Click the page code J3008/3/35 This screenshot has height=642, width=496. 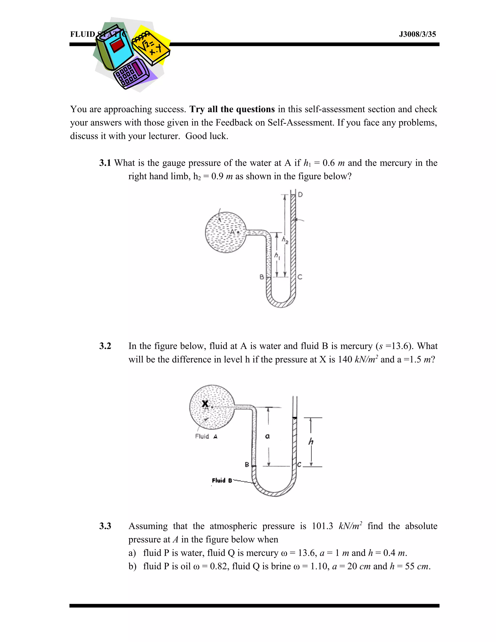click(417, 34)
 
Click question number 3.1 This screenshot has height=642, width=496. click(105, 163)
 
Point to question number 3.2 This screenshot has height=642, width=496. click(105, 346)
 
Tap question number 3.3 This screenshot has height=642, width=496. click(105, 526)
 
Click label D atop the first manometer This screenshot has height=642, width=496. click(300, 195)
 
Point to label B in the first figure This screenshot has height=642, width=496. click(262, 277)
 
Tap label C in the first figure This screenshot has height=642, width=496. click(300, 277)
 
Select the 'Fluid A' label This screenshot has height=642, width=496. click(206, 437)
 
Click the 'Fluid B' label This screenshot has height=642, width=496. click(222, 480)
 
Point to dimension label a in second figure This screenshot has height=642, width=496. click(267, 437)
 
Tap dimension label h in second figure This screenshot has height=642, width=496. click(311, 441)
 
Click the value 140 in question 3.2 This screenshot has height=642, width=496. click(345, 360)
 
